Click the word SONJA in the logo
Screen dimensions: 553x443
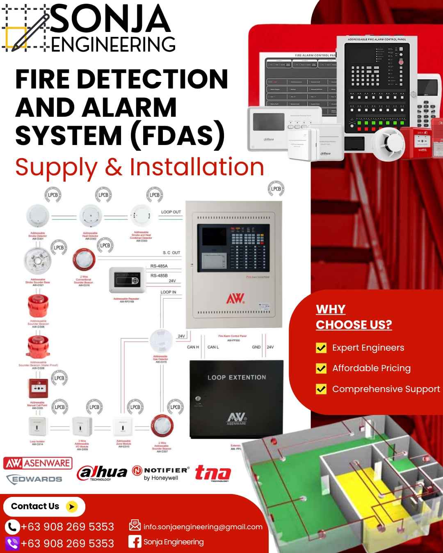110,19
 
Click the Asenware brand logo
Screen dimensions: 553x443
38,463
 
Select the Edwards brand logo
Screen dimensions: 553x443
34,479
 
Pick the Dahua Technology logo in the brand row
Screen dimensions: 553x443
102,473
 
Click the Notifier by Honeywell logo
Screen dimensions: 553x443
161,473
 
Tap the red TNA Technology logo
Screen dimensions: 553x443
213,473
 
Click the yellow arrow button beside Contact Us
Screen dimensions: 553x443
72,507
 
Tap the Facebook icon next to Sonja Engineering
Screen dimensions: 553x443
135,542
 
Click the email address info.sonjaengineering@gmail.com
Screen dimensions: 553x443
203,527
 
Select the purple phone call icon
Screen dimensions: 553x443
12,544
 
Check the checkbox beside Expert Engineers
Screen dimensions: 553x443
321,348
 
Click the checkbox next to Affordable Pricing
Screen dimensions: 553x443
321,368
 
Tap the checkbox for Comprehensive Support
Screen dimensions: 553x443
321,389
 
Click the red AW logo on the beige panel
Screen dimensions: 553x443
235,298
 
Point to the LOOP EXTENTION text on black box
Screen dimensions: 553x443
237,377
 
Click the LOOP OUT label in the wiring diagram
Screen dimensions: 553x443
171,212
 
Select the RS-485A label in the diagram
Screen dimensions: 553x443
159,266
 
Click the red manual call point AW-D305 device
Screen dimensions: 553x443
38,388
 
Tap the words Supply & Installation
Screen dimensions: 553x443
139,167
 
